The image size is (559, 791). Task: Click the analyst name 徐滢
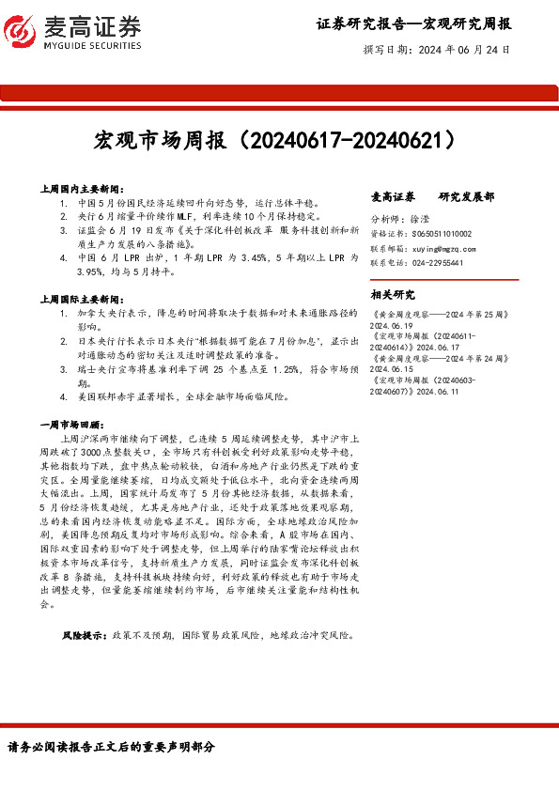[420, 218]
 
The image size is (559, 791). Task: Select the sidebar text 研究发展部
[466, 196]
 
